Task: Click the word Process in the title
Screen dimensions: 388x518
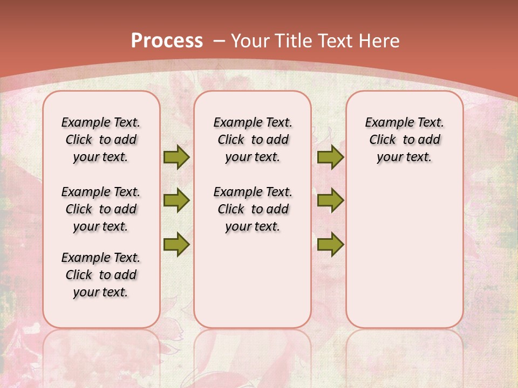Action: coord(167,41)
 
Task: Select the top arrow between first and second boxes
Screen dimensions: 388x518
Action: coord(176,157)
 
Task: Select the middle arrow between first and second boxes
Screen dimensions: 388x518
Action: coord(176,200)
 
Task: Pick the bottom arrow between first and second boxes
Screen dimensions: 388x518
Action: coord(176,244)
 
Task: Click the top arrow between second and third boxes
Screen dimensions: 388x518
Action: coord(330,157)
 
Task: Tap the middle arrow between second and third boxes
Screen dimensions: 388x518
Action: coord(330,200)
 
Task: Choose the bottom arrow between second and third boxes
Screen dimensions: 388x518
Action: coord(330,244)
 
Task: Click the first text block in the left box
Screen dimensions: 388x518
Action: coord(101,140)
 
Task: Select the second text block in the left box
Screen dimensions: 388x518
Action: coord(101,209)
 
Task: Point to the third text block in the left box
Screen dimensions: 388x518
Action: coord(101,275)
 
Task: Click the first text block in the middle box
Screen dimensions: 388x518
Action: coord(253,140)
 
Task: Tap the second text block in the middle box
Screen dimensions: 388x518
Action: coord(253,209)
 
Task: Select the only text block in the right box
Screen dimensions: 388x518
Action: coord(405,140)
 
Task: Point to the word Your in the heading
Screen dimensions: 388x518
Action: coord(251,41)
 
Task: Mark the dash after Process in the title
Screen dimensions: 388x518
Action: coord(219,41)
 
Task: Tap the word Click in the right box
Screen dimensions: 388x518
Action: coord(383,140)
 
